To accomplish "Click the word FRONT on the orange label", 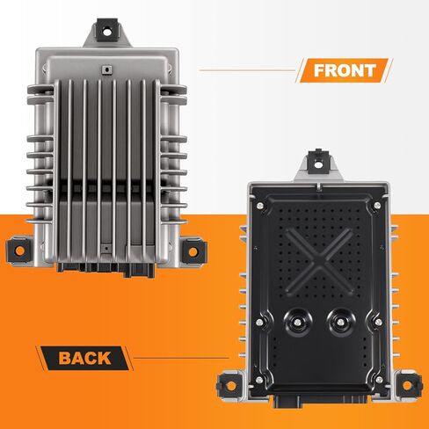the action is click(x=345, y=70).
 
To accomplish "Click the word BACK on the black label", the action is click(x=84, y=358).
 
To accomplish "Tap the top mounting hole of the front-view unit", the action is click(x=107, y=31).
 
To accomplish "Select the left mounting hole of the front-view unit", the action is click(x=19, y=251).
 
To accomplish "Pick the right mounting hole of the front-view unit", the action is click(x=193, y=251).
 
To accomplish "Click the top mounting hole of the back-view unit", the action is click(x=318, y=164).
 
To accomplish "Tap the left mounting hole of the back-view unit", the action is click(x=231, y=386).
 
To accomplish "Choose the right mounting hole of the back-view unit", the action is click(x=408, y=386).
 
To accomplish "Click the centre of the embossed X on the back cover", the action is click(x=319, y=260).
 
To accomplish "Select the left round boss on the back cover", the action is click(x=298, y=323).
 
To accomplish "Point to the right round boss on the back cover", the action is click(x=340, y=323).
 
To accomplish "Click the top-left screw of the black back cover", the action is click(x=259, y=206).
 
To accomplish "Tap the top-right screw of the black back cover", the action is click(x=377, y=205).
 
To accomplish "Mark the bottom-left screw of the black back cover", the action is click(x=259, y=380).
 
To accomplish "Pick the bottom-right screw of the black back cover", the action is click(x=379, y=380).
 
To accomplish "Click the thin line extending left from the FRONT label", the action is click(x=248, y=70).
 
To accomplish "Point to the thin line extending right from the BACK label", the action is click(x=181, y=358).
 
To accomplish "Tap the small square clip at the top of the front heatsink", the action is click(x=106, y=69).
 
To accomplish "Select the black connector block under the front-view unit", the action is click(x=106, y=270).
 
